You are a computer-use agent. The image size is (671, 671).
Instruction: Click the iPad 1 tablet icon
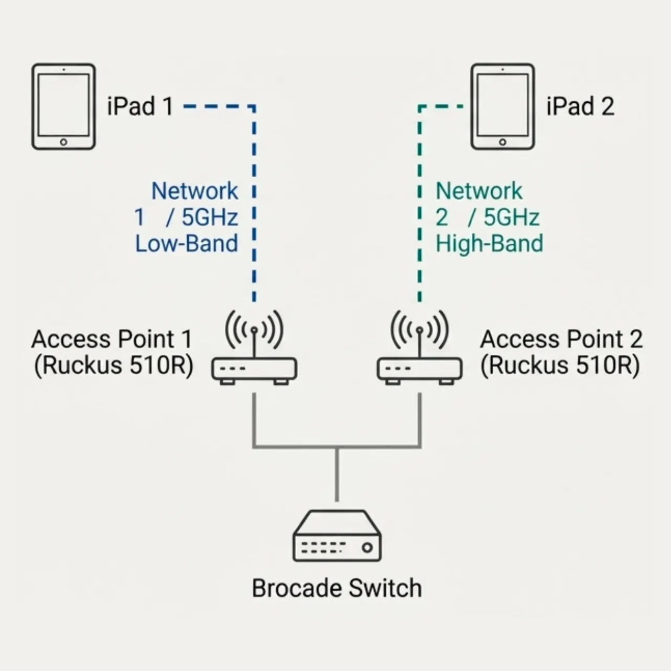tap(63, 107)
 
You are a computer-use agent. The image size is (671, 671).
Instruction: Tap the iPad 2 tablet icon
tap(502, 107)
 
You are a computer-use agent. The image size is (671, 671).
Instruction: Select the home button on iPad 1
tap(63, 142)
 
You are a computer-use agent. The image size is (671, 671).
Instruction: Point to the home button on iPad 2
tap(502, 142)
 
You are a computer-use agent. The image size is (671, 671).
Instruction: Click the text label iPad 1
tap(140, 106)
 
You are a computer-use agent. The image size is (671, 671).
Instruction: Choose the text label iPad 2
tap(580, 106)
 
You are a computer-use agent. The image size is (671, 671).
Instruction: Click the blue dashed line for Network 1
tap(254, 210)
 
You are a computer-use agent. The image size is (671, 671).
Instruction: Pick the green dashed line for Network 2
tap(419, 210)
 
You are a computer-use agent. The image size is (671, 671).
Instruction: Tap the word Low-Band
tap(187, 244)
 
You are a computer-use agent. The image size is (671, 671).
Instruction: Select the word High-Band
tap(489, 244)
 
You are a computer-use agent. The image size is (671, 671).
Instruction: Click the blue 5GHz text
tap(210, 218)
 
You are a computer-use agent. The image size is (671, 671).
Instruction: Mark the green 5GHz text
tap(511, 218)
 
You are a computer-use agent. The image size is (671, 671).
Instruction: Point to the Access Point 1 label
tap(112, 339)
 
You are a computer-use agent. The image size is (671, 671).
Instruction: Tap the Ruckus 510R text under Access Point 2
tap(560, 365)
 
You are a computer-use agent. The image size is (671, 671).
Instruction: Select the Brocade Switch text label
tap(337, 588)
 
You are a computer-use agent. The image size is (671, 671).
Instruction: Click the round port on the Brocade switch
tap(367, 548)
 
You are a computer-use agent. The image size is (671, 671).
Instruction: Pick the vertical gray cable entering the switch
tap(337, 474)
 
